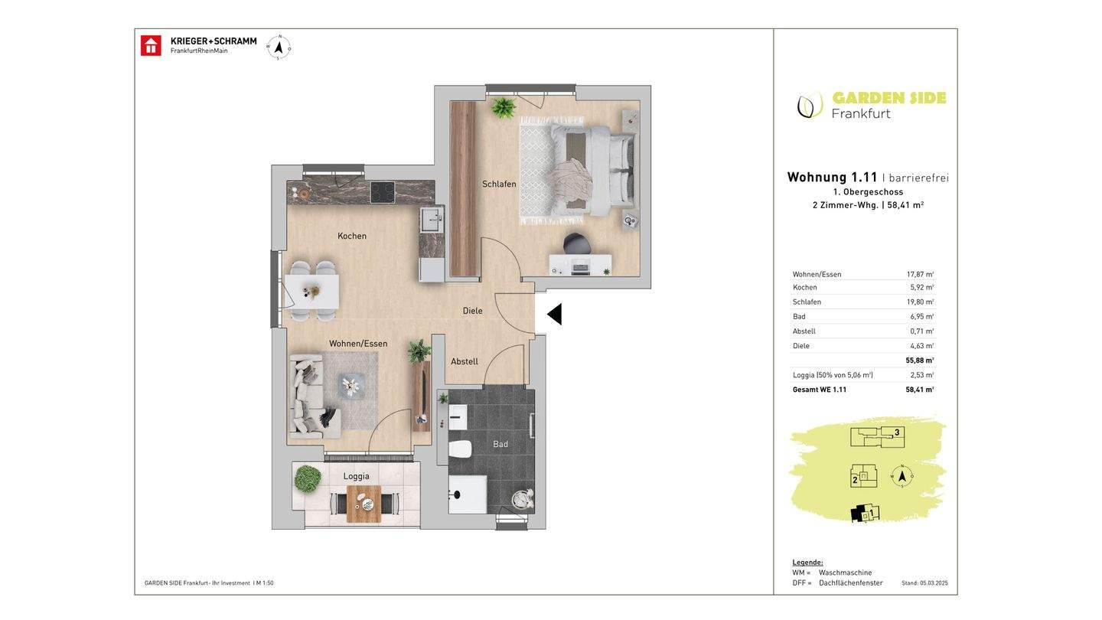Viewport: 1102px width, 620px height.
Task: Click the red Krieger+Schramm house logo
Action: coord(151,46)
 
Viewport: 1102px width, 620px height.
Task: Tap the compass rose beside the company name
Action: coord(279,47)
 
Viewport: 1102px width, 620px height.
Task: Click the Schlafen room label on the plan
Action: coord(499,184)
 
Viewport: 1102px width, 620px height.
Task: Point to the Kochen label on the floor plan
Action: coord(352,237)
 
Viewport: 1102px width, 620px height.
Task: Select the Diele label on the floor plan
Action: coord(472,311)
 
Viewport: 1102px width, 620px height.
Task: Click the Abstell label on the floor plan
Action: coord(465,361)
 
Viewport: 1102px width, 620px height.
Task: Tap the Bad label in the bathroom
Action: coord(500,444)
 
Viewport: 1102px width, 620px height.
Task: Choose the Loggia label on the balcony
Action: coord(356,476)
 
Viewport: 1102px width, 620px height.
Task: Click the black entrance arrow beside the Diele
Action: coord(554,315)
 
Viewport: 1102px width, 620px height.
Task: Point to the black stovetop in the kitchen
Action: coord(383,192)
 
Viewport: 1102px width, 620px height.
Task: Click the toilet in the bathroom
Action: coord(460,449)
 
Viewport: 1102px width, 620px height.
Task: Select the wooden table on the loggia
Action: coord(364,504)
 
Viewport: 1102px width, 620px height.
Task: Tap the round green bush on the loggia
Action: coord(308,479)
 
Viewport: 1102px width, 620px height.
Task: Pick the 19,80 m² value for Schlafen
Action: coord(920,302)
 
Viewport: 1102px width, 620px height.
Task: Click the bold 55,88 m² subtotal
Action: coord(920,361)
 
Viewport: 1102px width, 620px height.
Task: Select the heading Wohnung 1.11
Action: coord(833,177)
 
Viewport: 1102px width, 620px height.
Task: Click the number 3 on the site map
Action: coord(897,432)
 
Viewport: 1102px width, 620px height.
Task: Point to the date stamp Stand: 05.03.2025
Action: coord(924,583)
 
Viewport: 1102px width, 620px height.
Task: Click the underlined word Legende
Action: coord(807,563)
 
